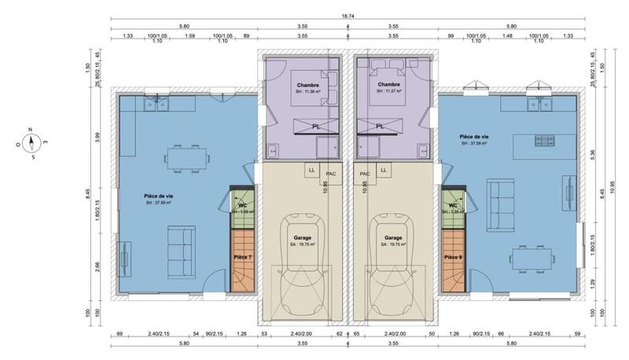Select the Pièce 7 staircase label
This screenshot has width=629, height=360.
(242, 257)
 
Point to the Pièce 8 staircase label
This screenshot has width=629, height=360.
(453, 257)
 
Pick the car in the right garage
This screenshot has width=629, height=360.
(393, 263)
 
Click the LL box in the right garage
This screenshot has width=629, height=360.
(384, 169)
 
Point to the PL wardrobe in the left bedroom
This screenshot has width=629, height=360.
(314, 126)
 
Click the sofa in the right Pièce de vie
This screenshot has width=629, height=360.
(499, 195)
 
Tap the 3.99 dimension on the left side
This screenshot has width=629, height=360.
(97, 137)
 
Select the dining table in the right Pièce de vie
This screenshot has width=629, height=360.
(532, 255)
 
